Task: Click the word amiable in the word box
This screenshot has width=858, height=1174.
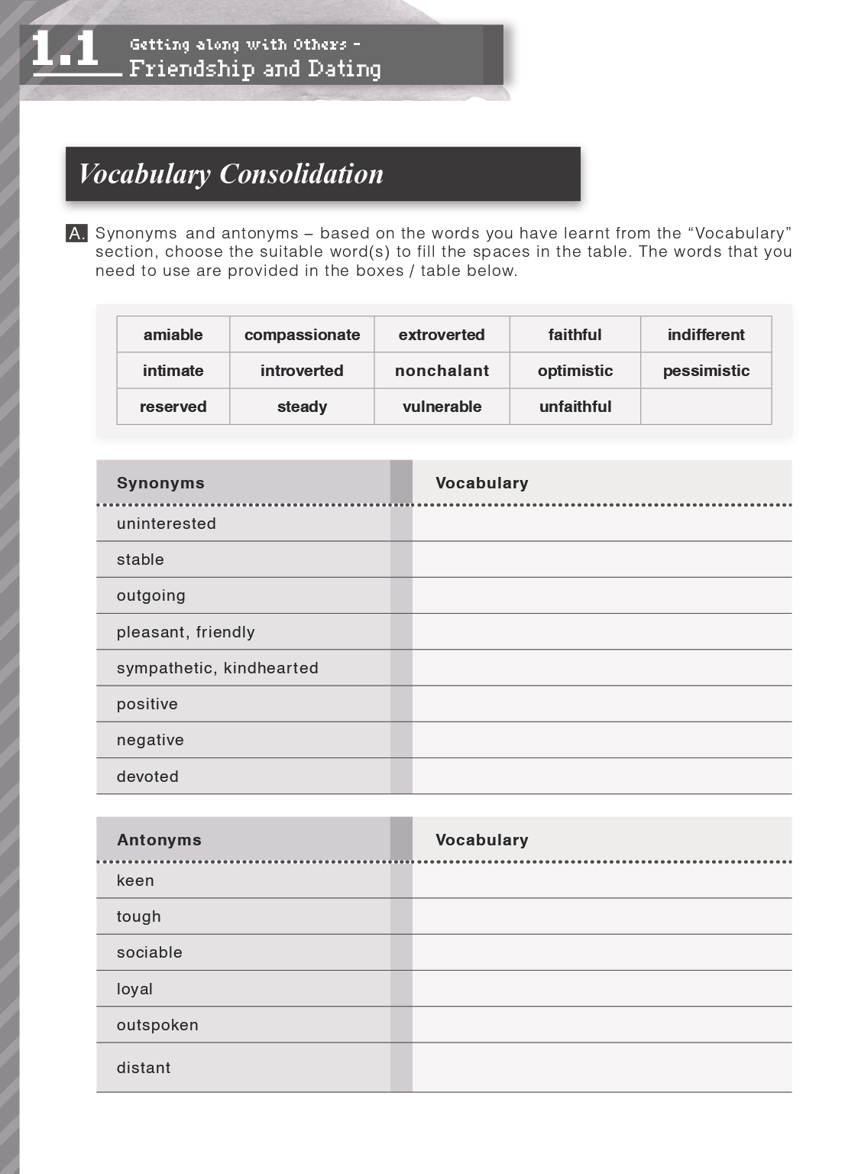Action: pos(173,335)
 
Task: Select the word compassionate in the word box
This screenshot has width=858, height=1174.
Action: pos(302,335)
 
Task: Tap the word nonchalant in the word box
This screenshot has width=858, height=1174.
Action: pos(442,371)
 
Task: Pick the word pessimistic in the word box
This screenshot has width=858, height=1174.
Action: pos(706,371)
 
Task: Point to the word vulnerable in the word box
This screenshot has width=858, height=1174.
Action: pos(442,407)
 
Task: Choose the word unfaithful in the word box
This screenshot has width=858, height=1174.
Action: pos(575,407)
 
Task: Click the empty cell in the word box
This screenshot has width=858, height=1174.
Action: pos(706,407)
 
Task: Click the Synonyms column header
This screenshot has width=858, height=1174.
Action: pos(160,483)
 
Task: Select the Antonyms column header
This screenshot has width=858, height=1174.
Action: pos(159,840)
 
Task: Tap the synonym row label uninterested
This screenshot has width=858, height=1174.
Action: pos(167,524)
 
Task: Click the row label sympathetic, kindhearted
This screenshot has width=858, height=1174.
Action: pos(218,668)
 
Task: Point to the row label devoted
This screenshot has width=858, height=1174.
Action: pos(147,777)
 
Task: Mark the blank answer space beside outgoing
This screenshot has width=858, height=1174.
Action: pos(601,595)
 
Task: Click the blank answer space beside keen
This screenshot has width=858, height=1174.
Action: pos(601,880)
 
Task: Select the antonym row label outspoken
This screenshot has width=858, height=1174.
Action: pos(157,1025)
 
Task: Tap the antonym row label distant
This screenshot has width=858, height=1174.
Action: pos(144,1068)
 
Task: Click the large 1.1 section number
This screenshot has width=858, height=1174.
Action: pos(66,50)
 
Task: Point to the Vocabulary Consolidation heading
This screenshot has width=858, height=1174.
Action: pos(231,174)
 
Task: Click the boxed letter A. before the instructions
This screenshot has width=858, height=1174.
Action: pos(76,234)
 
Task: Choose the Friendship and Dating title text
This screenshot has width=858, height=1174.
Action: pos(255,69)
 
